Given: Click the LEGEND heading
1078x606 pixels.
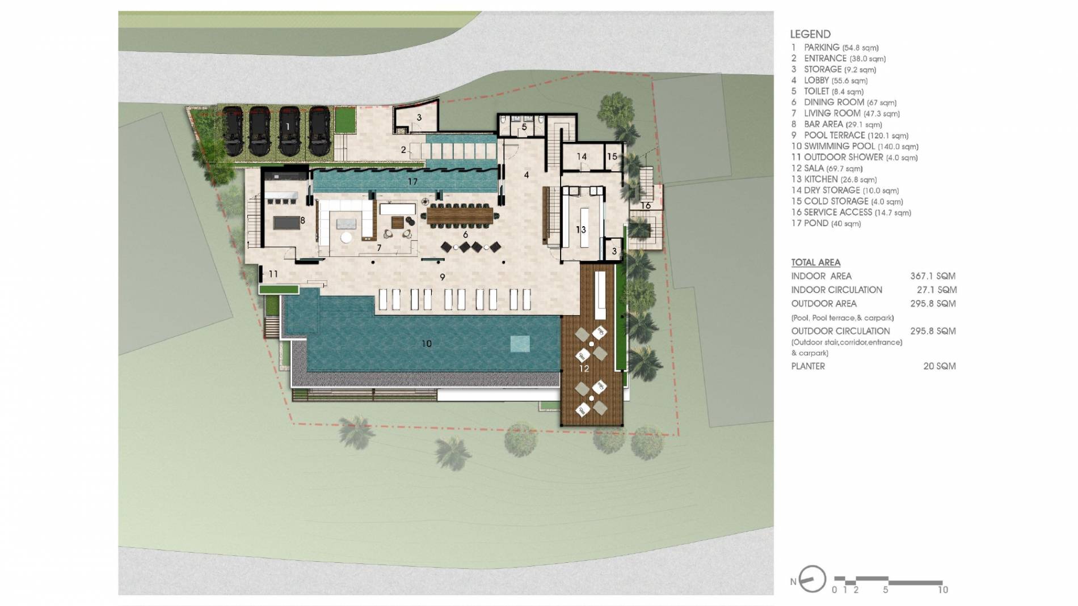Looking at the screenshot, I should click(x=810, y=34).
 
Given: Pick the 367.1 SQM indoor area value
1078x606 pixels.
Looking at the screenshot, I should click(x=933, y=276).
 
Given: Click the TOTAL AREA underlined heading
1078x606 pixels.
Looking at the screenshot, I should click(x=815, y=262).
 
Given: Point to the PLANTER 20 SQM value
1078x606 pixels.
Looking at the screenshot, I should click(x=939, y=366).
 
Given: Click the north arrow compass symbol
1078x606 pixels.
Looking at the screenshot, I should click(x=811, y=579).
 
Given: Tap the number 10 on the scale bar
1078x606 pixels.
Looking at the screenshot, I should click(x=942, y=590).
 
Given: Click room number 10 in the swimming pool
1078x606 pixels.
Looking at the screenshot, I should click(x=427, y=344).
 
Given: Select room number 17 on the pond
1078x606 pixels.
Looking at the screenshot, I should click(x=412, y=182).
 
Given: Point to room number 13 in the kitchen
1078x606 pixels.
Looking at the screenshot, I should click(x=580, y=230).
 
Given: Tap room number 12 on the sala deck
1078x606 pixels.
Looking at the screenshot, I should click(x=584, y=368).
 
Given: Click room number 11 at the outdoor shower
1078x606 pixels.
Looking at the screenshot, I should click(x=273, y=274).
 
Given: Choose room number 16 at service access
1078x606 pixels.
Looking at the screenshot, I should click(x=646, y=206).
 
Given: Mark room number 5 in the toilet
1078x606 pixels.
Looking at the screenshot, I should click(x=524, y=127).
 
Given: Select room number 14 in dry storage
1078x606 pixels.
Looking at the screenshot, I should click(x=582, y=156).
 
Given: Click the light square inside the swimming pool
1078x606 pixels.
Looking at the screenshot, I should click(x=520, y=344).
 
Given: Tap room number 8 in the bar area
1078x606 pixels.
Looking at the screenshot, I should click(x=302, y=220).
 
